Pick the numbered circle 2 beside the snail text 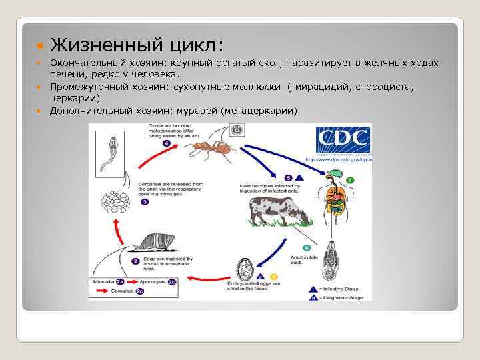135,261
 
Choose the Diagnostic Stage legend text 343,297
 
